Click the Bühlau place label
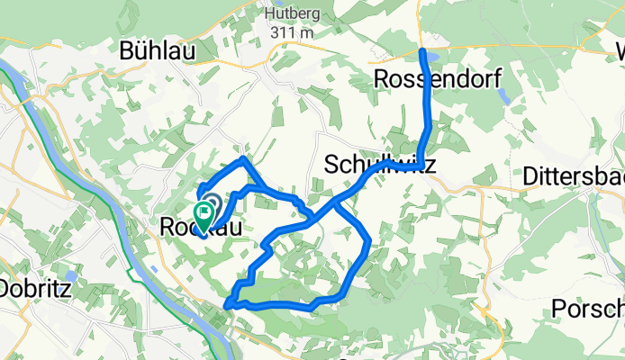[x=158, y=52]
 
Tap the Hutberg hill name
[x=288, y=14]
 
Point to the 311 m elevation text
[x=288, y=33]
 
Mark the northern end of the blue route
[x=423, y=50]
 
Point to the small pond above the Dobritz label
[x=69, y=274]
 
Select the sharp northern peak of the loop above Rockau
[x=242, y=159]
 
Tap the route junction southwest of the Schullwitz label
[x=334, y=204]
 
